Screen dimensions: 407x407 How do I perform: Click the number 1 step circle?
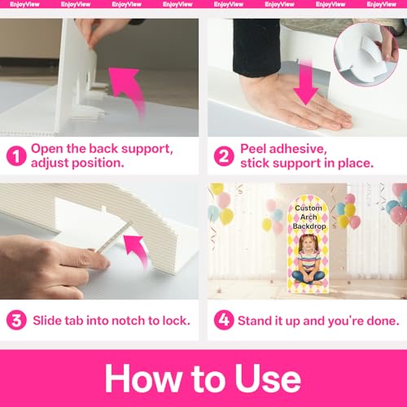(16, 155)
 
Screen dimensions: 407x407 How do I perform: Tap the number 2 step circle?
(224, 155)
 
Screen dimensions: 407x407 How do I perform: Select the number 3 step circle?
(16, 320)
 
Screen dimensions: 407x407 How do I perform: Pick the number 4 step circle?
(224, 320)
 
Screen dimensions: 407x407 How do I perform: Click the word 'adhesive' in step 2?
(298, 149)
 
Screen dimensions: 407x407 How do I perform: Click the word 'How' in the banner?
(143, 379)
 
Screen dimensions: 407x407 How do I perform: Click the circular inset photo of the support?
(366, 55)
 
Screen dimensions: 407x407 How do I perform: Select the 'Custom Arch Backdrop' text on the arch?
(309, 217)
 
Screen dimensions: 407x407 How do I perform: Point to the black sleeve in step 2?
(256, 46)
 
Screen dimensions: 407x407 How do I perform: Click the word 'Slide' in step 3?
(47, 321)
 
